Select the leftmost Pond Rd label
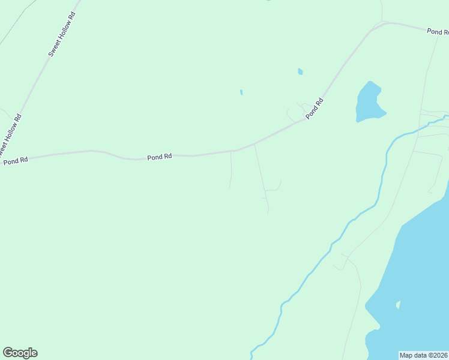click(16, 161)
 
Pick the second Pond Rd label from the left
click(160, 157)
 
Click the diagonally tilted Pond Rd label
click(314, 109)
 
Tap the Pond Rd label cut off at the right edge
click(438, 31)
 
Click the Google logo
click(20, 353)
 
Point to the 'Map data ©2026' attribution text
click(424, 355)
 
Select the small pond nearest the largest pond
click(300, 72)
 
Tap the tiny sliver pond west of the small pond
click(241, 93)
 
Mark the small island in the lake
click(397, 305)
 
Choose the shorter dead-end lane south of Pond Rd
click(232, 169)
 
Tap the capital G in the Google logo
click(8, 353)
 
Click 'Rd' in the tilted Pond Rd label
click(320, 101)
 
